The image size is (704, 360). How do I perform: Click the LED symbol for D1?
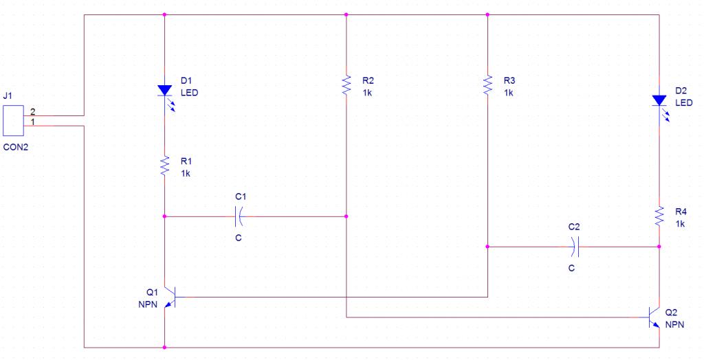pos(165,93)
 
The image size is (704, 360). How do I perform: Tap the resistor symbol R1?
pos(165,166)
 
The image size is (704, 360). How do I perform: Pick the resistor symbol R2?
pos(346,85)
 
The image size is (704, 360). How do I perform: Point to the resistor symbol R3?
pos(487,85)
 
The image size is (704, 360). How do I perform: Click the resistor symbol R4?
pos(659,216)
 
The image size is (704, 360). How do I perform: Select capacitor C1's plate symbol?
pos(239,217)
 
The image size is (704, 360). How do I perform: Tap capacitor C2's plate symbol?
pos(575,247)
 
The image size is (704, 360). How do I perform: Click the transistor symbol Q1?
pos(170,297)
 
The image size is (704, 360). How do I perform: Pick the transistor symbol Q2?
pos(654,317)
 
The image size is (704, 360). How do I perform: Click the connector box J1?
pos(13,121)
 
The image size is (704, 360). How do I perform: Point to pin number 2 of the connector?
pos(32,111)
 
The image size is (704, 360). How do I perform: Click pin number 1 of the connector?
pos(32,122)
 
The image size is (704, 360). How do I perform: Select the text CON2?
pos(15,147)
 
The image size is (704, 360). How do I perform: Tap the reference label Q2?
pos(671,313)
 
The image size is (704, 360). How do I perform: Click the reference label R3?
pos(509,81)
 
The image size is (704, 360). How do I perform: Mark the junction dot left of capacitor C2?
pos(487,247)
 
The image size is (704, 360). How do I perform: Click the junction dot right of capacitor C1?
pos(346,216)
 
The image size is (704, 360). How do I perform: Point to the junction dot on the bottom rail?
pos(165,348)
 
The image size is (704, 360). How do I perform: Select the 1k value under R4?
pos(680,223)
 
